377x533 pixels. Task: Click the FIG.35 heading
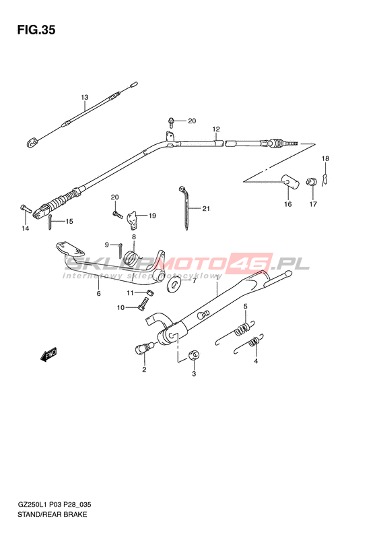click(36, 30)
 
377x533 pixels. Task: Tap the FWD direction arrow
click(48, 354)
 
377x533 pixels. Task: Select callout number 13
click(85, 97)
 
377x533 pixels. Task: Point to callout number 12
click(216, 129)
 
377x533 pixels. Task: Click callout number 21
click(206, 208)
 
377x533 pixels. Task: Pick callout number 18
click(325, 158)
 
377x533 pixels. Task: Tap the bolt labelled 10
click(143, 303)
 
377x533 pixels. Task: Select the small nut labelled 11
click(149, 292)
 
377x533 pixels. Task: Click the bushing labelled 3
click(194, 354)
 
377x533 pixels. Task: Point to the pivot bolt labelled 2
click(144, 348)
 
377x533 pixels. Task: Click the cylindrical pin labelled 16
click(290, 181)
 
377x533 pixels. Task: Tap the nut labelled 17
click(311, 181)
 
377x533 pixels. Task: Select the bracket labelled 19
click(133, 220)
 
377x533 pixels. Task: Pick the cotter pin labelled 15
click(50, 223)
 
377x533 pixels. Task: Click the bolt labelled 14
click(26, 208)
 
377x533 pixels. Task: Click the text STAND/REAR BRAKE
click(52, 514)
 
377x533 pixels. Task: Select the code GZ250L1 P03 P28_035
click(54, 505)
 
